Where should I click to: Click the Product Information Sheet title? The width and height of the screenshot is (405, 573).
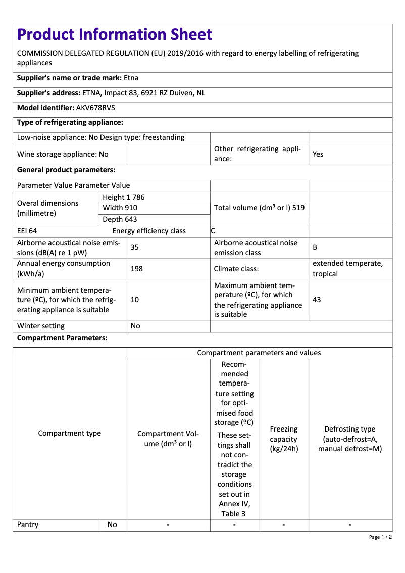(115, 34)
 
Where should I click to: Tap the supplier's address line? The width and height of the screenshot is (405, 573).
(111, 93)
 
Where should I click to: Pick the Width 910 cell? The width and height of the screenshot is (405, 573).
(120, 208)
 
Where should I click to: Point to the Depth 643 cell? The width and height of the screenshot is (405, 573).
(120, 219)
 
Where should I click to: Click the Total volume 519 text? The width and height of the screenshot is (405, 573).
(259, 208)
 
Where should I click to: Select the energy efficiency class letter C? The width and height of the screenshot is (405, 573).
(213, 231)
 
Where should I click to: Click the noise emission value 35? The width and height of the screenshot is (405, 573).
(135, 248)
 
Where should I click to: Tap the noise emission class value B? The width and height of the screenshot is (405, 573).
(315, 248)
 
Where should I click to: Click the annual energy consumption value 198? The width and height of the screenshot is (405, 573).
(136, 269)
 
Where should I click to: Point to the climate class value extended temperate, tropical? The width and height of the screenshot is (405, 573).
(347, 269)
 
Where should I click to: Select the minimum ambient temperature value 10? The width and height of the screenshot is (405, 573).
(135, 300)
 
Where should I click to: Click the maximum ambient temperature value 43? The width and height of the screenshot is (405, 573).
(317, 300)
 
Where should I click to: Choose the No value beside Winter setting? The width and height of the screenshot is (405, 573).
(135, 326)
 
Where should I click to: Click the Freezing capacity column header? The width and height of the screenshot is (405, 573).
(284, 439)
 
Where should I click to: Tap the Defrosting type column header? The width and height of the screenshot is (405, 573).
(350, 439)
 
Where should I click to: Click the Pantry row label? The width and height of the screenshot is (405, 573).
(28, 524)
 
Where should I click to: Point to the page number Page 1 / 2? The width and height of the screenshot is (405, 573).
(380, 537)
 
